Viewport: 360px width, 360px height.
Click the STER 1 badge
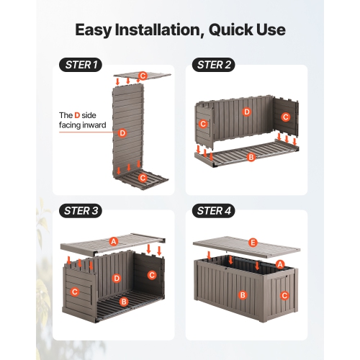(81, 65)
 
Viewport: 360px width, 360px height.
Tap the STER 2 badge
(212, 65)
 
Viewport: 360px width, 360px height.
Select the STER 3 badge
(81, 211)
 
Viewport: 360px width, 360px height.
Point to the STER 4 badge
(212, 211)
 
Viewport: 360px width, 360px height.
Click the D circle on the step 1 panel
(122, 133)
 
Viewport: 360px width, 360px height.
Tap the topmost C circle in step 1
(143, 76)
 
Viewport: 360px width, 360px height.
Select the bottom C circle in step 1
(143, 177)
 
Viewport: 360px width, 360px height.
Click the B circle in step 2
(251, 157)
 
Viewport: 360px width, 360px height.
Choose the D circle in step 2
(246, 112)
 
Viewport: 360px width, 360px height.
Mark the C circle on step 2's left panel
(203, 124)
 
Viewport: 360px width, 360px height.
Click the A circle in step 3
(113, 241)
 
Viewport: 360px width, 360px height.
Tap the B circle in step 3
(123, 302)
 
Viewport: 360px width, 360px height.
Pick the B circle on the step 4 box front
(243, 295)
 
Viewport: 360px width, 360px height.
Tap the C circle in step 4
(284, 295)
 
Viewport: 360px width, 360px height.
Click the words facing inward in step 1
(82, 125)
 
